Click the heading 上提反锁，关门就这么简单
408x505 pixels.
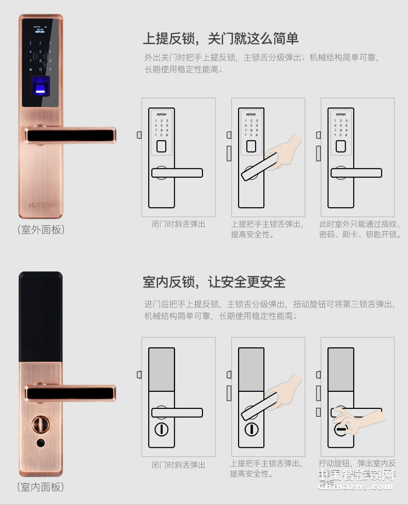pyautogui.click(x=221, y=39)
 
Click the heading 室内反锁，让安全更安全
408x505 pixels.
pyautogui.click(x=214, y=282)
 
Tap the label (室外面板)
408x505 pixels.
pyautogui.click(x=41, y=229)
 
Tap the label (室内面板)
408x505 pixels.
pyautogui.click(x=41, y=486)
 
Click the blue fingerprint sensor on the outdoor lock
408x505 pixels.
pyautogui.click(x=40, y=86)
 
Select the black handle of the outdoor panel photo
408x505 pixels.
pyautogui.click(x=70, y=135)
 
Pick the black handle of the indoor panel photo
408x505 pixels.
pyautogui.click(x=70, y=393)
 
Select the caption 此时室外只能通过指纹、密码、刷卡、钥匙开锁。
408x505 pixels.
pyautogui.click(x=360, y=229)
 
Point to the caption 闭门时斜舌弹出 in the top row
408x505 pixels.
pyautogui.click(x=178, y=224)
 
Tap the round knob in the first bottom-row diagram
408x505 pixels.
pyautogui.click(x=161, y=430)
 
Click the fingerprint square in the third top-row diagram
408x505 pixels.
pyautogui.click(x=340, y=146)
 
